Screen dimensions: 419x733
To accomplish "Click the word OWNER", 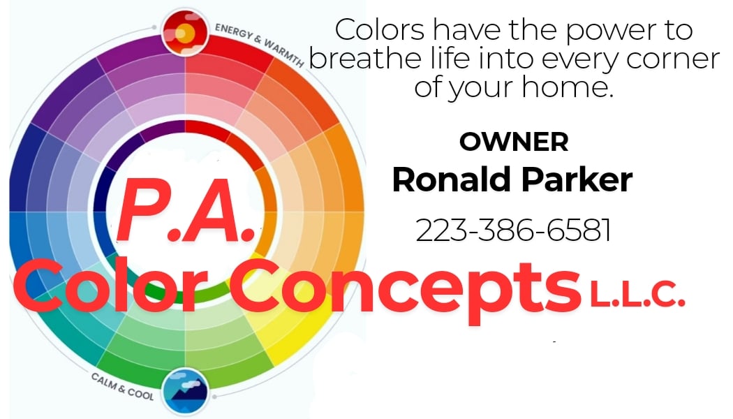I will click(514, 142).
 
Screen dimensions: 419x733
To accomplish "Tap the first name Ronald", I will click(445, 179).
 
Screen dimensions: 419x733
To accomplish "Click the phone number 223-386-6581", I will click(514, 230).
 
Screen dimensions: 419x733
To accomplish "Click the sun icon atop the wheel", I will click(184, 32).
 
